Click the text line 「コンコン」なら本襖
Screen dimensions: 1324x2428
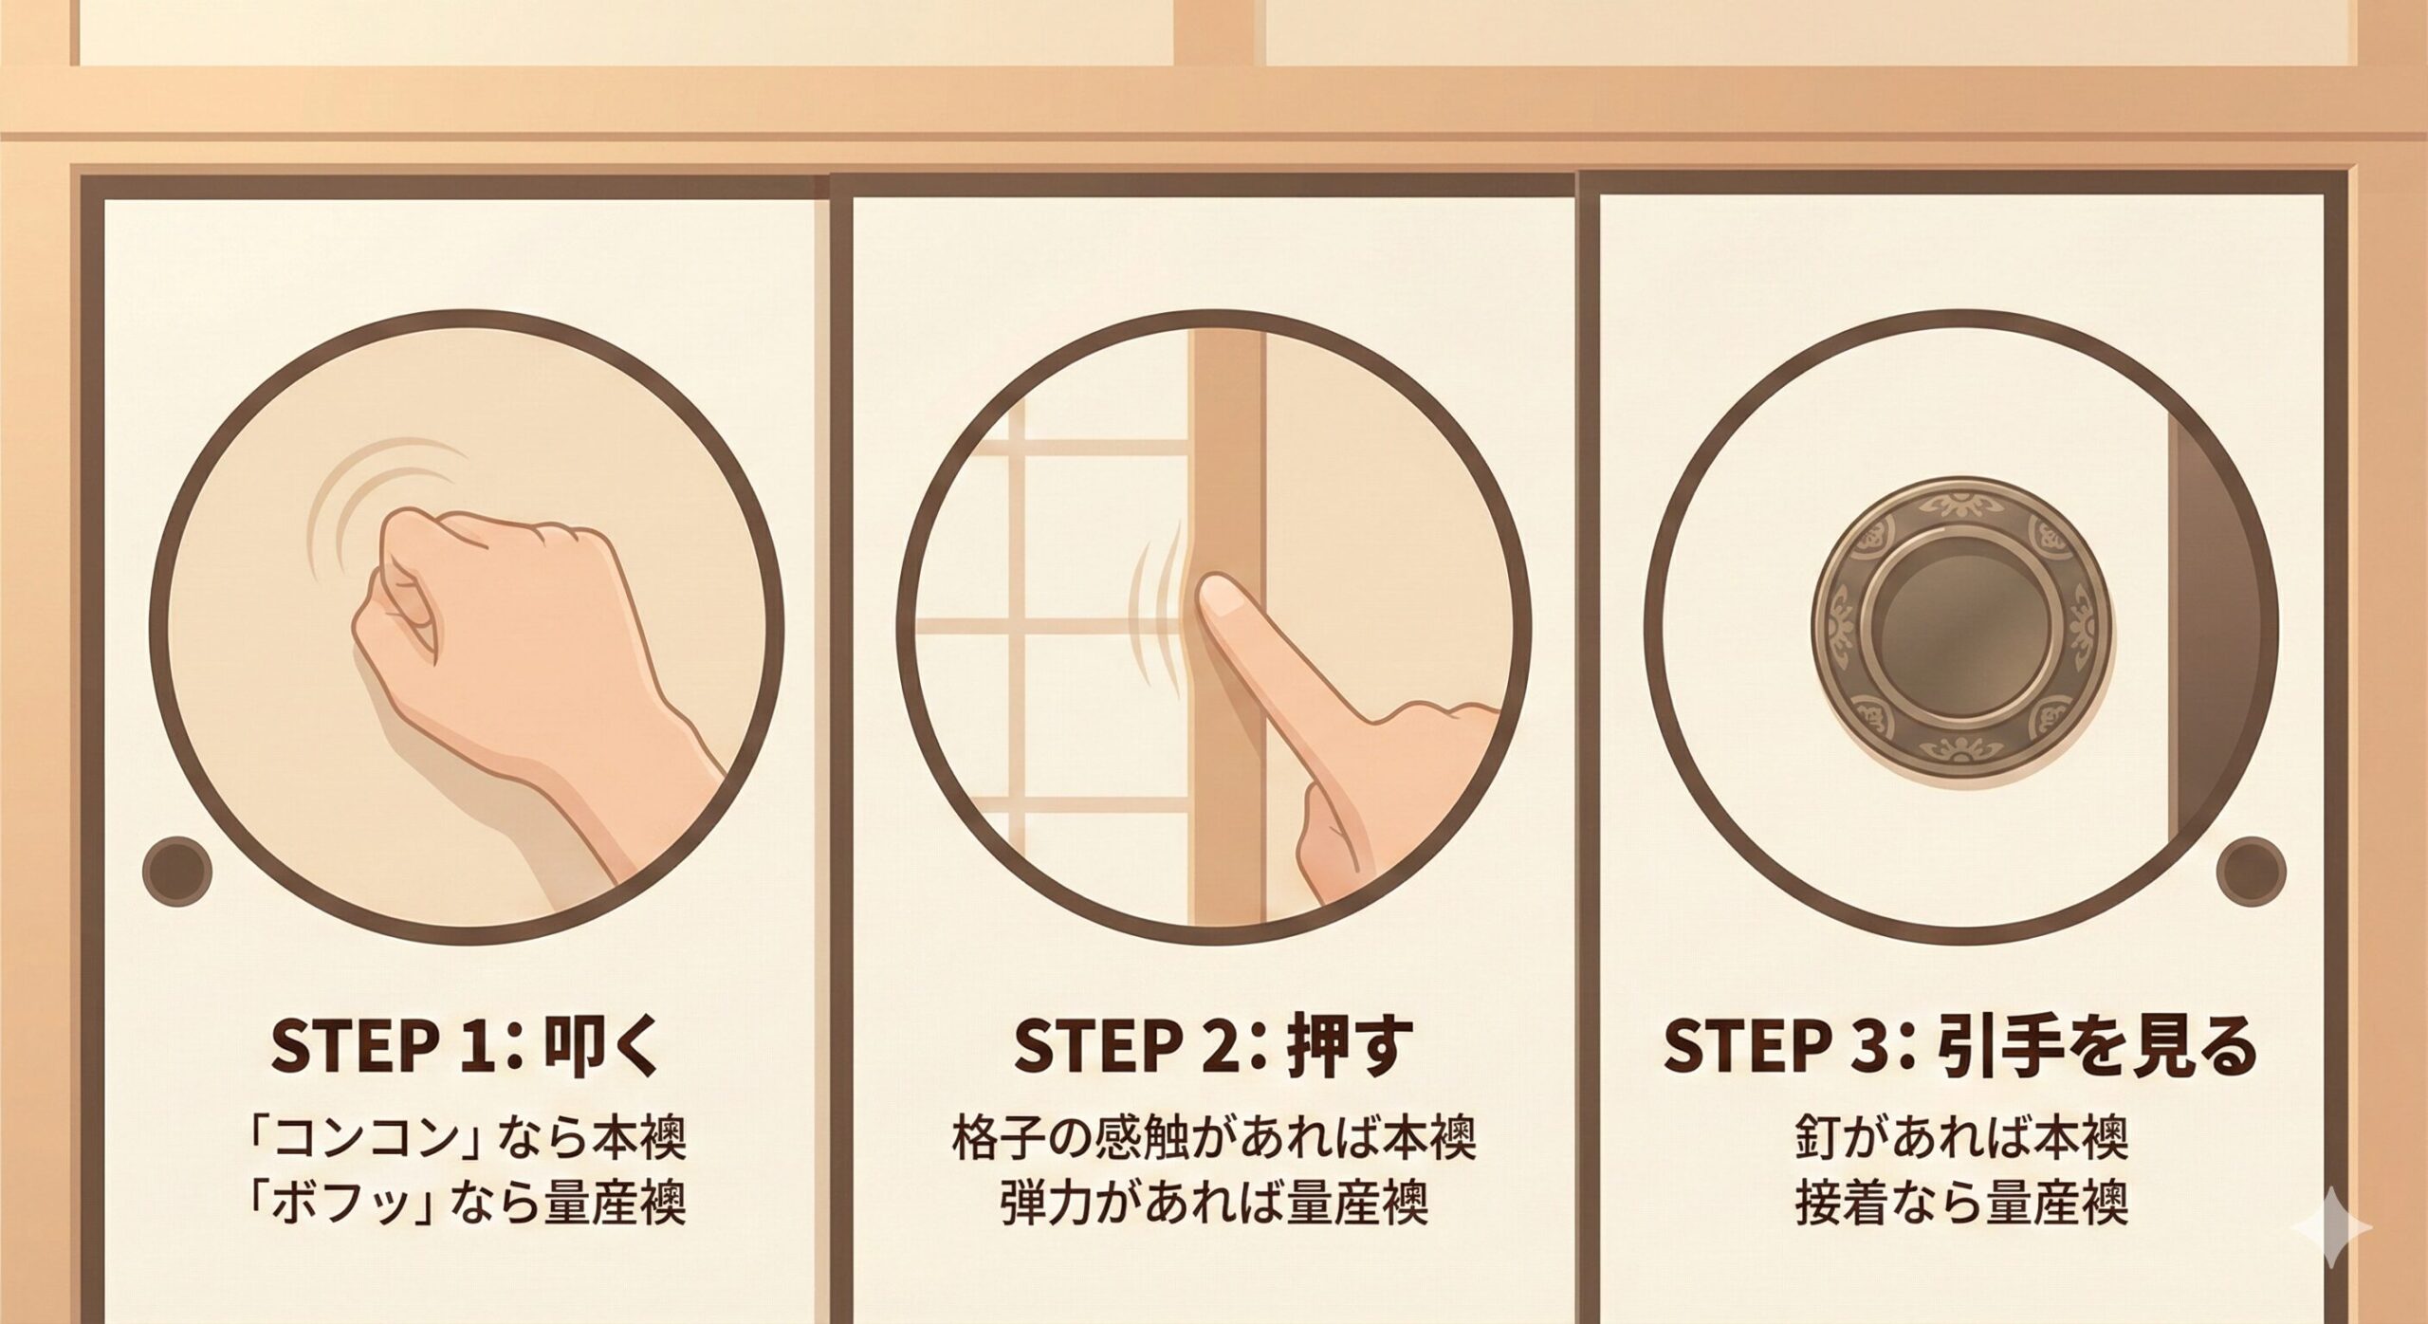(465, 1139)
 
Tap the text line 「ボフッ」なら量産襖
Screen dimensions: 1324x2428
(465, 1205)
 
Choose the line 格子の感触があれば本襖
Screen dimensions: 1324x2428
(1213, 1139)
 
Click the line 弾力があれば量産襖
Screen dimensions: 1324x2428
(1213, 1205)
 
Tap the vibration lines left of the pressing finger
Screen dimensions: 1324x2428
(1159, 607)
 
